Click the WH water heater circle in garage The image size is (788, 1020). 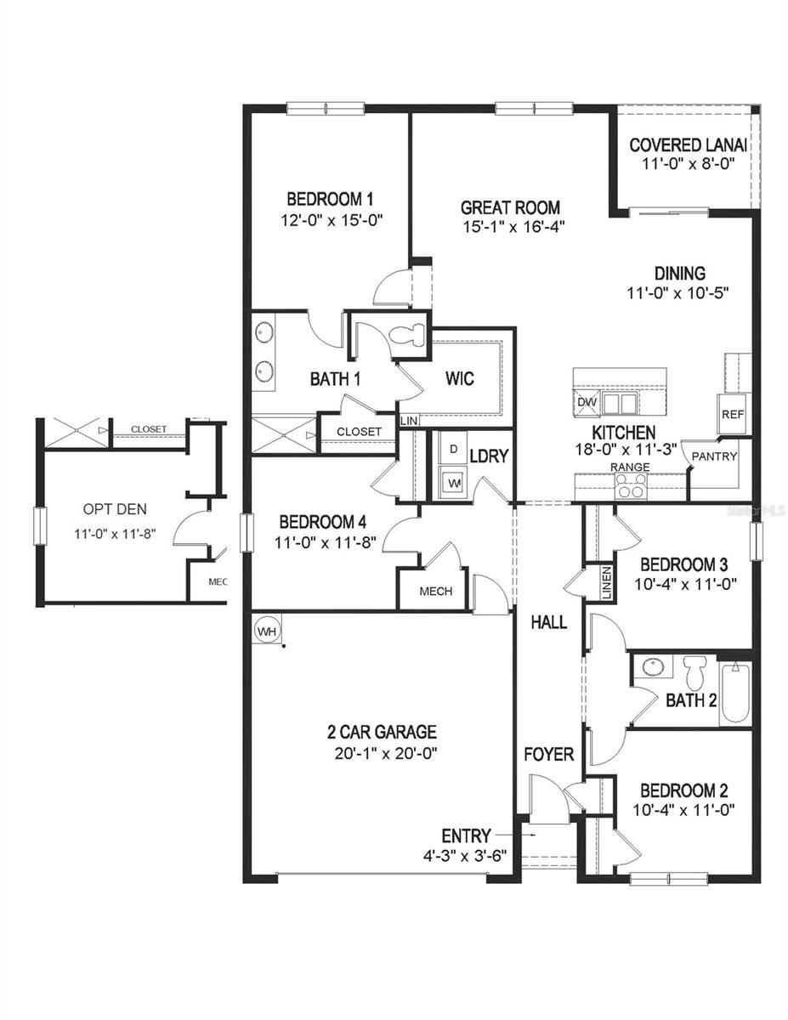(x=266, y=632)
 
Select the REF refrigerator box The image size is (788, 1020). (x=732, y=415)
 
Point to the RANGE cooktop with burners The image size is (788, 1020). (x=631, y=487)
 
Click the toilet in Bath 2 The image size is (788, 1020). (x=695, y=671)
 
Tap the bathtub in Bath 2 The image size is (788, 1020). (x=734, y=692)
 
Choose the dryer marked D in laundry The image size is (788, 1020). (x=453, y=449)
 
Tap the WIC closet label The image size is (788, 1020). (x=460, y=377)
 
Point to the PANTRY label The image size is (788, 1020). (x=714, y=456)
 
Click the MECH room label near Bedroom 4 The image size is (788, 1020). (x=435, y=592)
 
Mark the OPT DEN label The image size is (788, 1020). (x=114, y=510)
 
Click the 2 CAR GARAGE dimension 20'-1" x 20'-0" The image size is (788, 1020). (x=383, y=752)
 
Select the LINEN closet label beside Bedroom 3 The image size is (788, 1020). (x=606, y=584)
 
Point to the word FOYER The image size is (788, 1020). (x=548, y=755)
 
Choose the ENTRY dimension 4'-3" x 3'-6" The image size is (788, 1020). (x=466, y=855)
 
